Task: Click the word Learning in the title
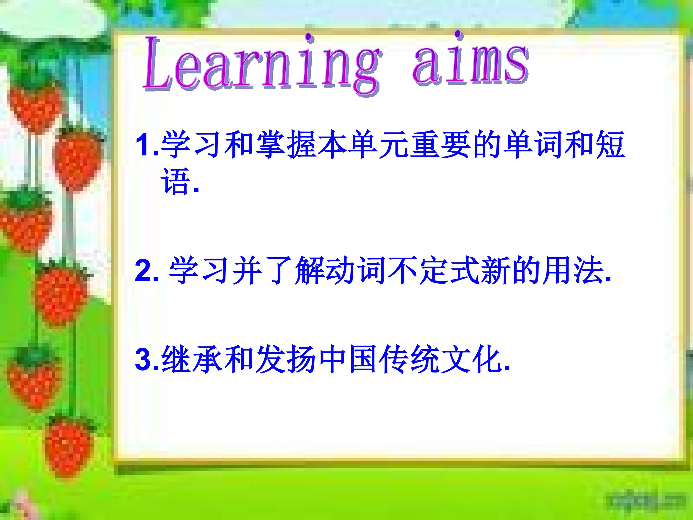[x=262, y=64]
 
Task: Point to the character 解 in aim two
[x=309, y=270]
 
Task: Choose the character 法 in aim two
[x=589, y=270]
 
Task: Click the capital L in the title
[x=160, y=63]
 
